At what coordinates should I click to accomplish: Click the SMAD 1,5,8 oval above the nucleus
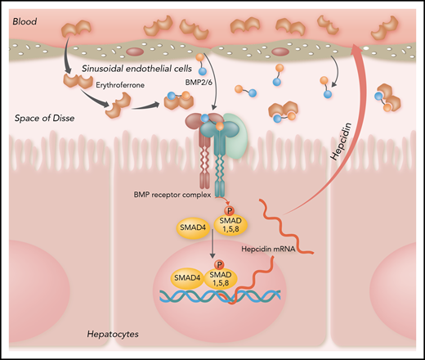(x=230, y=223)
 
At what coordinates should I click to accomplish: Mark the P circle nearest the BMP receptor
(x=229, y=209)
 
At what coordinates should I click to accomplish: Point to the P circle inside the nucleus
(x=219, y=264)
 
